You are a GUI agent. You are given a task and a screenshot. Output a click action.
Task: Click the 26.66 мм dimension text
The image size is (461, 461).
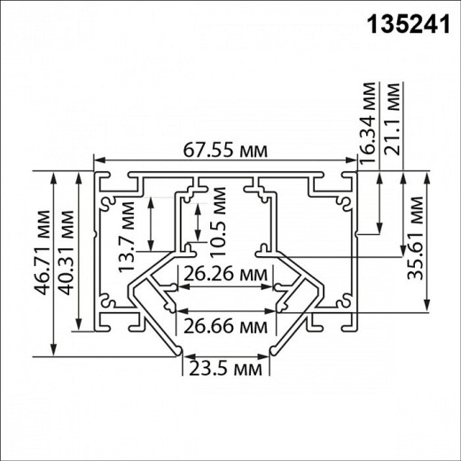pyautogui.click(x=226, y=326)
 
